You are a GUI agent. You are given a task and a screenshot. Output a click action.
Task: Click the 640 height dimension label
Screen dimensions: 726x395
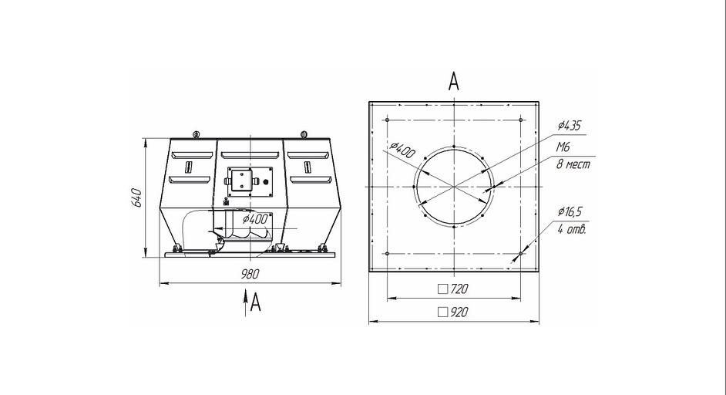pos(136,197)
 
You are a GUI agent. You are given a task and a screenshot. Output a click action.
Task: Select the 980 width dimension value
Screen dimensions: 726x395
pos(250,274)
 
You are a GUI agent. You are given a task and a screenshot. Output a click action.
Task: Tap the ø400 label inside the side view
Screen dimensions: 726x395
pos(255,219)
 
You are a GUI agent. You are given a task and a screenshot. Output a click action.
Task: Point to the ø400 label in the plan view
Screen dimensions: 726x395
pos(402,150)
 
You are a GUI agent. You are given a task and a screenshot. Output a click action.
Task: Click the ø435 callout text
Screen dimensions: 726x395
pos(570,125)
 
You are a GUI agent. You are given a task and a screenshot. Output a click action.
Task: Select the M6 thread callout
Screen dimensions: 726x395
pos(563,147)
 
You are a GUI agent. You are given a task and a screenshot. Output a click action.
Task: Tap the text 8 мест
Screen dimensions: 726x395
pos(573,164)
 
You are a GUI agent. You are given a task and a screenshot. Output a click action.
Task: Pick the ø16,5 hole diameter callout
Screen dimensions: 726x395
pos(570,212)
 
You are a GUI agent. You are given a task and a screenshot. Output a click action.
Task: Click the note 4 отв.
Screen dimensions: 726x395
pos(572,229)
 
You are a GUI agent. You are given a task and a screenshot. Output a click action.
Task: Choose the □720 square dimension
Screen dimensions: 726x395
pos(453,289)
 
